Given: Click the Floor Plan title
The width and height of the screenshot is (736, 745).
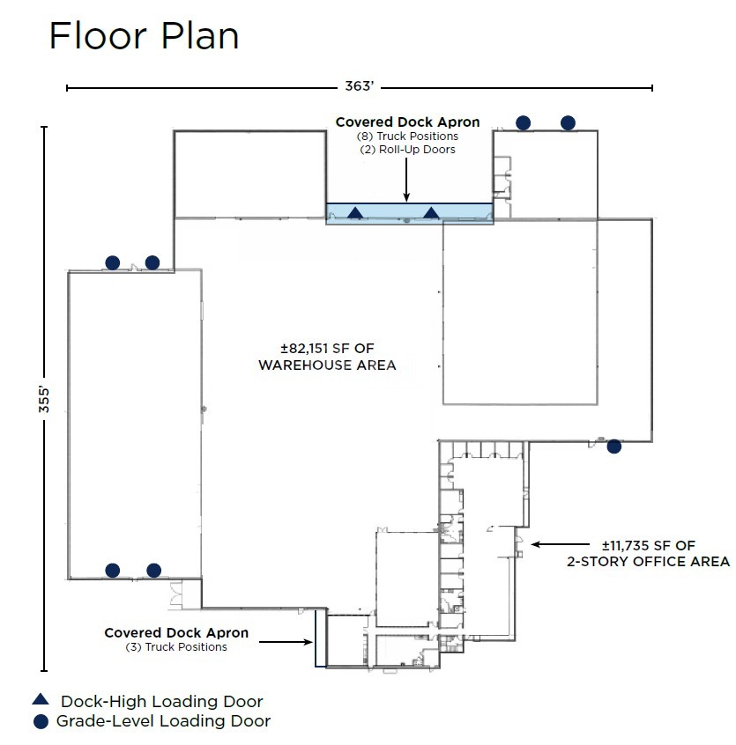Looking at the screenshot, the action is click(x=144, y=36).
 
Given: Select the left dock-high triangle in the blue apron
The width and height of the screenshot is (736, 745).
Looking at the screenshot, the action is click(x=355, y=212).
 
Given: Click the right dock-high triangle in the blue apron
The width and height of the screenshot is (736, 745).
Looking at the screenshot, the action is click(x=431, y=212).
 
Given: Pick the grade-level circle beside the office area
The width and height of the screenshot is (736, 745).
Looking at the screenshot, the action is click(x=614, y=446).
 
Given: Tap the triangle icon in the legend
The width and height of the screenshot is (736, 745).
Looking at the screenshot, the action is click(x=41, y=700).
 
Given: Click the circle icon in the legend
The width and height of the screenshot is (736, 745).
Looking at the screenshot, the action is click(x=41, y=721).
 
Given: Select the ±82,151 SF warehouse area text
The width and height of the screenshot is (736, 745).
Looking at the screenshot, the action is click(x=327, y=356).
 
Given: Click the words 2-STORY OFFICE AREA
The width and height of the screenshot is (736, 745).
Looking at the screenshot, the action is click(x=648, y=561).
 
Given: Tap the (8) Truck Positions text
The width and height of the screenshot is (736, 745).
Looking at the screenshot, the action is click(x=407, y=136).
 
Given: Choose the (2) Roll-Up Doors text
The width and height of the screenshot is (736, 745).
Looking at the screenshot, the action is click(x=407, y=150).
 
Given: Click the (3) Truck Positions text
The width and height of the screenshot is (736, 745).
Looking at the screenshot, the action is click(x=176, y=647).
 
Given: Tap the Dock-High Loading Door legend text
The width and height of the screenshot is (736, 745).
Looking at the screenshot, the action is click(x=161, y=702).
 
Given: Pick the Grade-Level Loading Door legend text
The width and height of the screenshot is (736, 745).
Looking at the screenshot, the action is click(x=163, y=721).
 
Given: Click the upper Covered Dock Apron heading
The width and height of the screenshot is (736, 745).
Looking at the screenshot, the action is click(x=407, y=122).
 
